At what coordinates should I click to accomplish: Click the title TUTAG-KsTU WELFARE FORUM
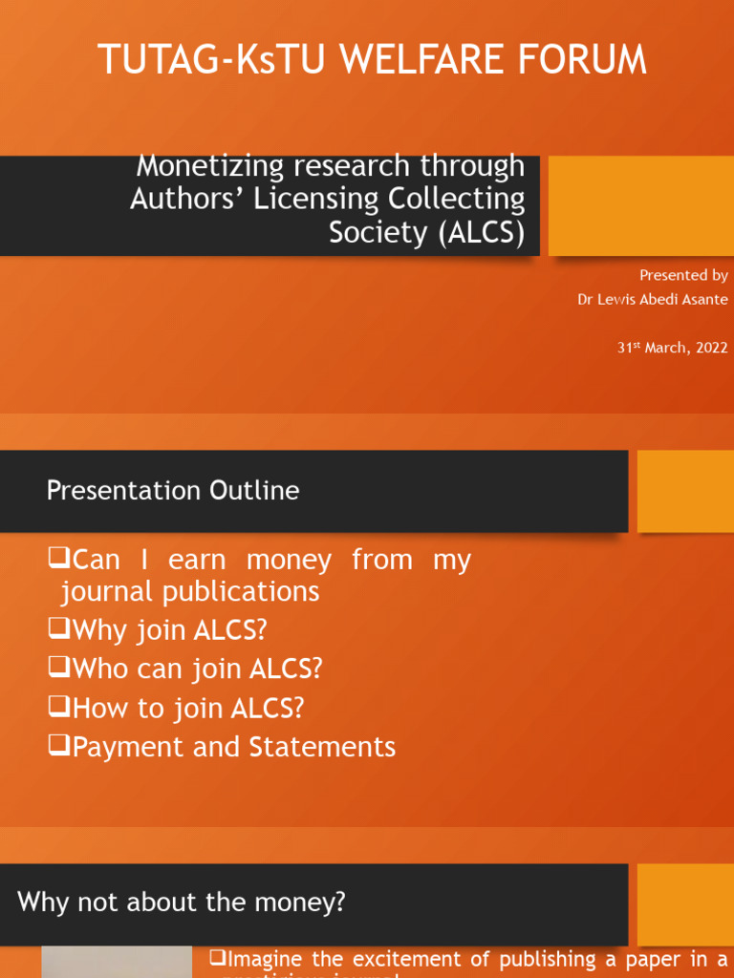pos(373,60)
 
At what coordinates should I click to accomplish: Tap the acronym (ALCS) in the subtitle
pos(482,233)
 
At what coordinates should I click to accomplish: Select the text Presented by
pos(683,275)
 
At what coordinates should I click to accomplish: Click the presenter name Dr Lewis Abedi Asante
pos(652,300)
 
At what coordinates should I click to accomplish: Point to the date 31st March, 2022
pos(672,349)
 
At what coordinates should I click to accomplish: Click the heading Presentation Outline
pos(173,491)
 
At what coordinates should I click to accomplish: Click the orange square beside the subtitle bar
pos(640,206)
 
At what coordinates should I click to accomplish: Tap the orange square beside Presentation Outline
pos(684,491)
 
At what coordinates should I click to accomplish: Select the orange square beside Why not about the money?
pos(684,904)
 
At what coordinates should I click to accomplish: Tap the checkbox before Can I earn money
pos(59,559)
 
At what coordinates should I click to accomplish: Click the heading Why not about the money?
pos(182,902)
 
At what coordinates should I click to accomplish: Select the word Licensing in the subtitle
pos(319,200)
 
